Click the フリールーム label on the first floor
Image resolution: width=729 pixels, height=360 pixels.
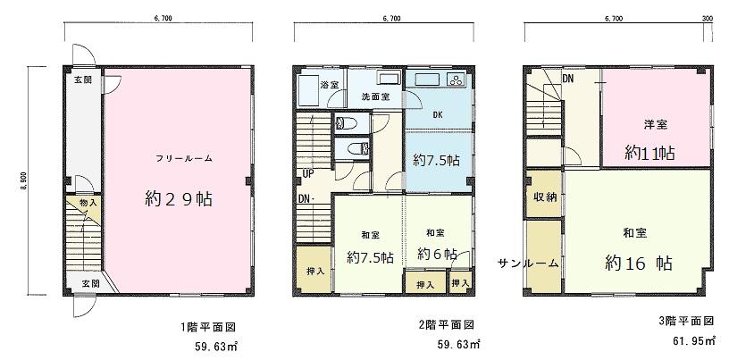click(183, 158)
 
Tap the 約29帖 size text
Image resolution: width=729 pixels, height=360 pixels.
click(184, 198)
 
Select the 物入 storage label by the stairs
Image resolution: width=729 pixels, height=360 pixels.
click(88, 205)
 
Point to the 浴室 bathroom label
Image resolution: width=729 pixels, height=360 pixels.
click(330, 85)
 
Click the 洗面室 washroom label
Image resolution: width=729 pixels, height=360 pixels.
click(374, 96)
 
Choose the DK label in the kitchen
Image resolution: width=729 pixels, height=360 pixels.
click(438, 115)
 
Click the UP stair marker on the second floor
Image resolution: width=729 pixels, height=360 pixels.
click(307, 173)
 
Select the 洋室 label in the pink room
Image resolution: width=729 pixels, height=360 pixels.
click(657, 124)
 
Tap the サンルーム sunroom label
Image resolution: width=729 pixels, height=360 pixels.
click(529, 264)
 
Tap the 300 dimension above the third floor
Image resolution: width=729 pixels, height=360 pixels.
click(708, 17)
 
